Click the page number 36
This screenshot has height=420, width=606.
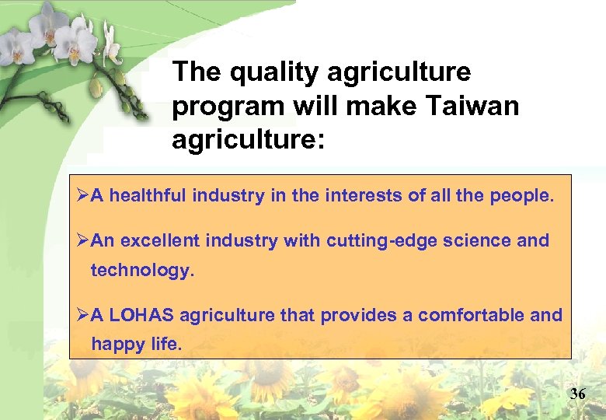(x=577, y=394)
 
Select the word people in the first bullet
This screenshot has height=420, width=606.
(x=521, y=196)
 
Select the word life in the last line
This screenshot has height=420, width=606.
(x=166, y=344)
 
